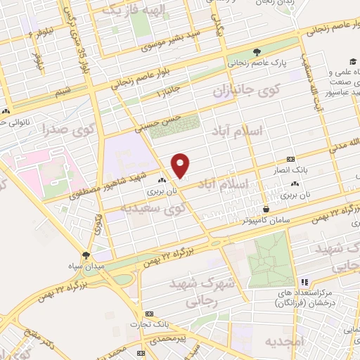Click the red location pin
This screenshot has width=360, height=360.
click(181, 165)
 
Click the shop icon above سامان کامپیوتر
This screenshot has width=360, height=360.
click(266, 209)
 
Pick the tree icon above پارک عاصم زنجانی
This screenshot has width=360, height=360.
click(257, 51)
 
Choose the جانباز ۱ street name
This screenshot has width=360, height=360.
click(172, 92)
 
